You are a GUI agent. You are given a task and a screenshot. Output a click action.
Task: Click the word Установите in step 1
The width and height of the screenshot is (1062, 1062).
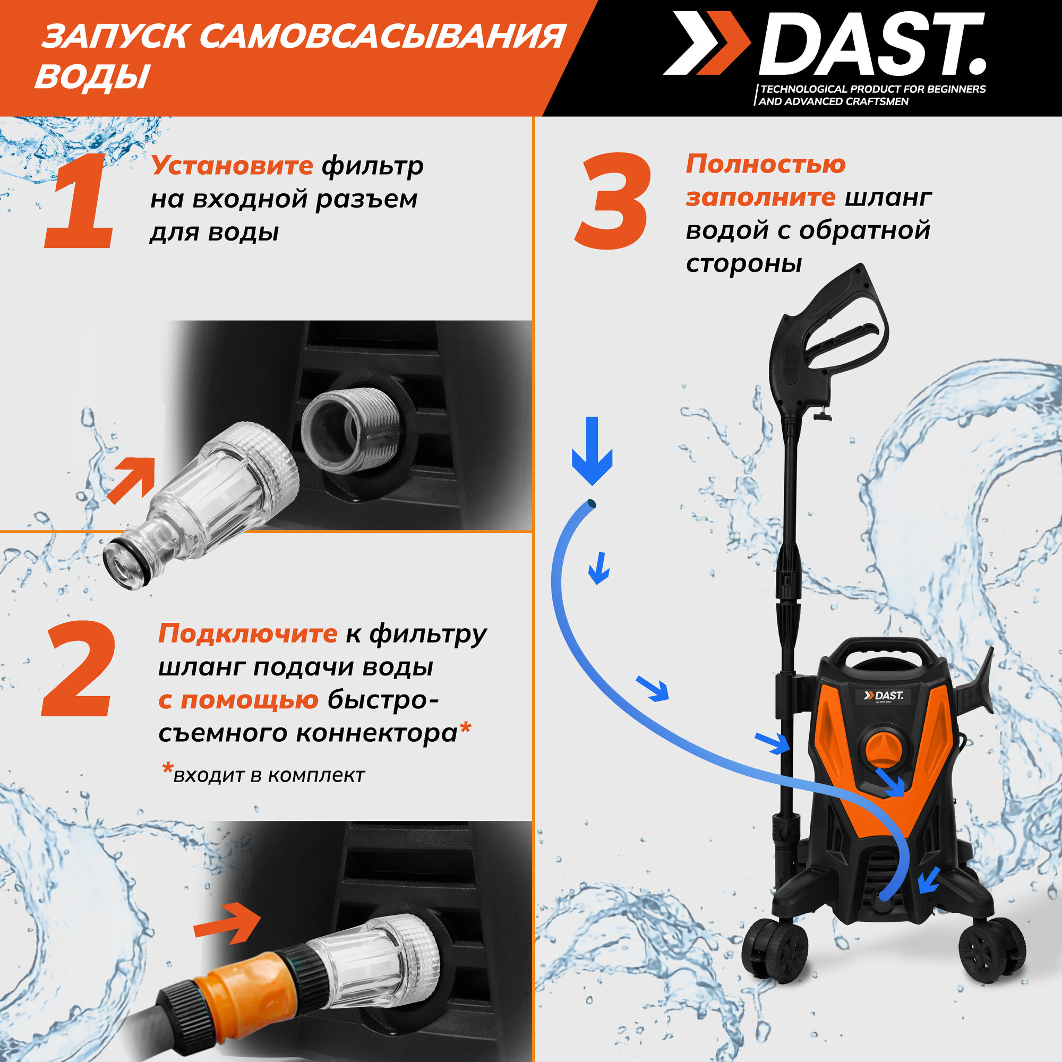click(x=232, y=166)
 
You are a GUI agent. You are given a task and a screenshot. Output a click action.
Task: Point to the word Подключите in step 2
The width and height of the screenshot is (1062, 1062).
click(x=247, y=634)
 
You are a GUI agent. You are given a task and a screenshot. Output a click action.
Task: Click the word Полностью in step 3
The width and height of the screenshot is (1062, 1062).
click(x=766, y=164)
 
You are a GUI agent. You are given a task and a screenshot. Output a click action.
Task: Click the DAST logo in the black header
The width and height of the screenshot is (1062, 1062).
click(x=825, y=44)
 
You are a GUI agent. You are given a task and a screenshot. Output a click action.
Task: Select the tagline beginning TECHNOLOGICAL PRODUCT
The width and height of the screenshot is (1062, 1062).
click(x=871, y=95)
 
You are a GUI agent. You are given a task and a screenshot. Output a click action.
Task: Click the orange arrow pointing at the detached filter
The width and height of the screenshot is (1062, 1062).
click(x=131, y=480)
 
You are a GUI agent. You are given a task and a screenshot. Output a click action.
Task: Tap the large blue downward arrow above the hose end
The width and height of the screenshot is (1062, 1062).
click(x=592, y=451)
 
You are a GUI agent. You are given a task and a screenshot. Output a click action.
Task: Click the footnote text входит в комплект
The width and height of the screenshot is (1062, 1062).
click(x=264, y=775)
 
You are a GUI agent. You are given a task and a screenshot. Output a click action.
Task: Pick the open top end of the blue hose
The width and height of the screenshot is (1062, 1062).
click(x=592, y=503)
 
